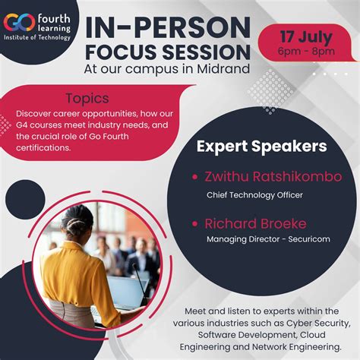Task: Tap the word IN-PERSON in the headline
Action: [x=169, y=28]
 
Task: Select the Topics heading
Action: [x=87, y=98]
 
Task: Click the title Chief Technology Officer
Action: [x=254, y=195]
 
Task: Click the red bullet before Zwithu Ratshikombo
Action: [x=195, y=177]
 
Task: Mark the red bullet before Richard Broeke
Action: [x=195, y=224]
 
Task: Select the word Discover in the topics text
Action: [x=34, y=112]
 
